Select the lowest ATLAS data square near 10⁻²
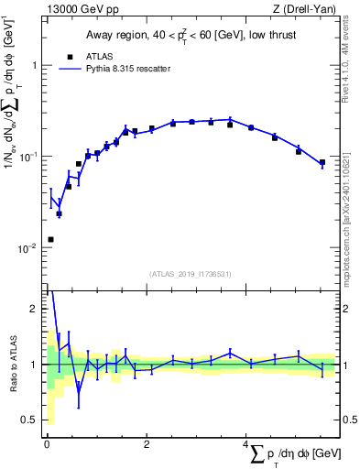pos(50,239)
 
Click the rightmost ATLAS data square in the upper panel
pos(322,163)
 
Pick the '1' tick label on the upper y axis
pos(34,66)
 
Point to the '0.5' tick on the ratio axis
pos(27,420)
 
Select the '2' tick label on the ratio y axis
pos(34,310)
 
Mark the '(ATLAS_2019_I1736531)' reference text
pos(191,274)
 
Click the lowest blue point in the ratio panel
pos(79,393)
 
